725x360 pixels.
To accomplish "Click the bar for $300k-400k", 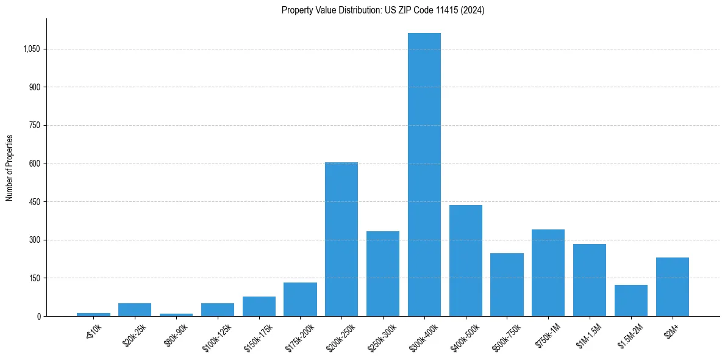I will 424,175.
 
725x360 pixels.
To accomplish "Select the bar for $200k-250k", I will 341,239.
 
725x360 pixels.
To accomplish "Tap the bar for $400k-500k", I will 466,261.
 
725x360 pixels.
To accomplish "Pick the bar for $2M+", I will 673,287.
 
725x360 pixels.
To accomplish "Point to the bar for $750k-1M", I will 548,273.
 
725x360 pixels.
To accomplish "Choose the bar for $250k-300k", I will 383,273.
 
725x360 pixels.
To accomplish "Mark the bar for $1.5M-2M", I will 631,300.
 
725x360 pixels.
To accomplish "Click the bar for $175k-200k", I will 300,299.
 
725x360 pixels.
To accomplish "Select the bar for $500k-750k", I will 507,284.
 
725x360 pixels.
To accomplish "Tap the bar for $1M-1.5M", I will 590,280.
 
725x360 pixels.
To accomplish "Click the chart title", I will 383,10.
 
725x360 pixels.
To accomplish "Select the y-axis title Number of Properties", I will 10,168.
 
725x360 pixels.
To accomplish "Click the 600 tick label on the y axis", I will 34,164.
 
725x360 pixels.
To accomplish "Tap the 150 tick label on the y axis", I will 34,278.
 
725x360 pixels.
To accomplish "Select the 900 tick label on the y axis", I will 34,87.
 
